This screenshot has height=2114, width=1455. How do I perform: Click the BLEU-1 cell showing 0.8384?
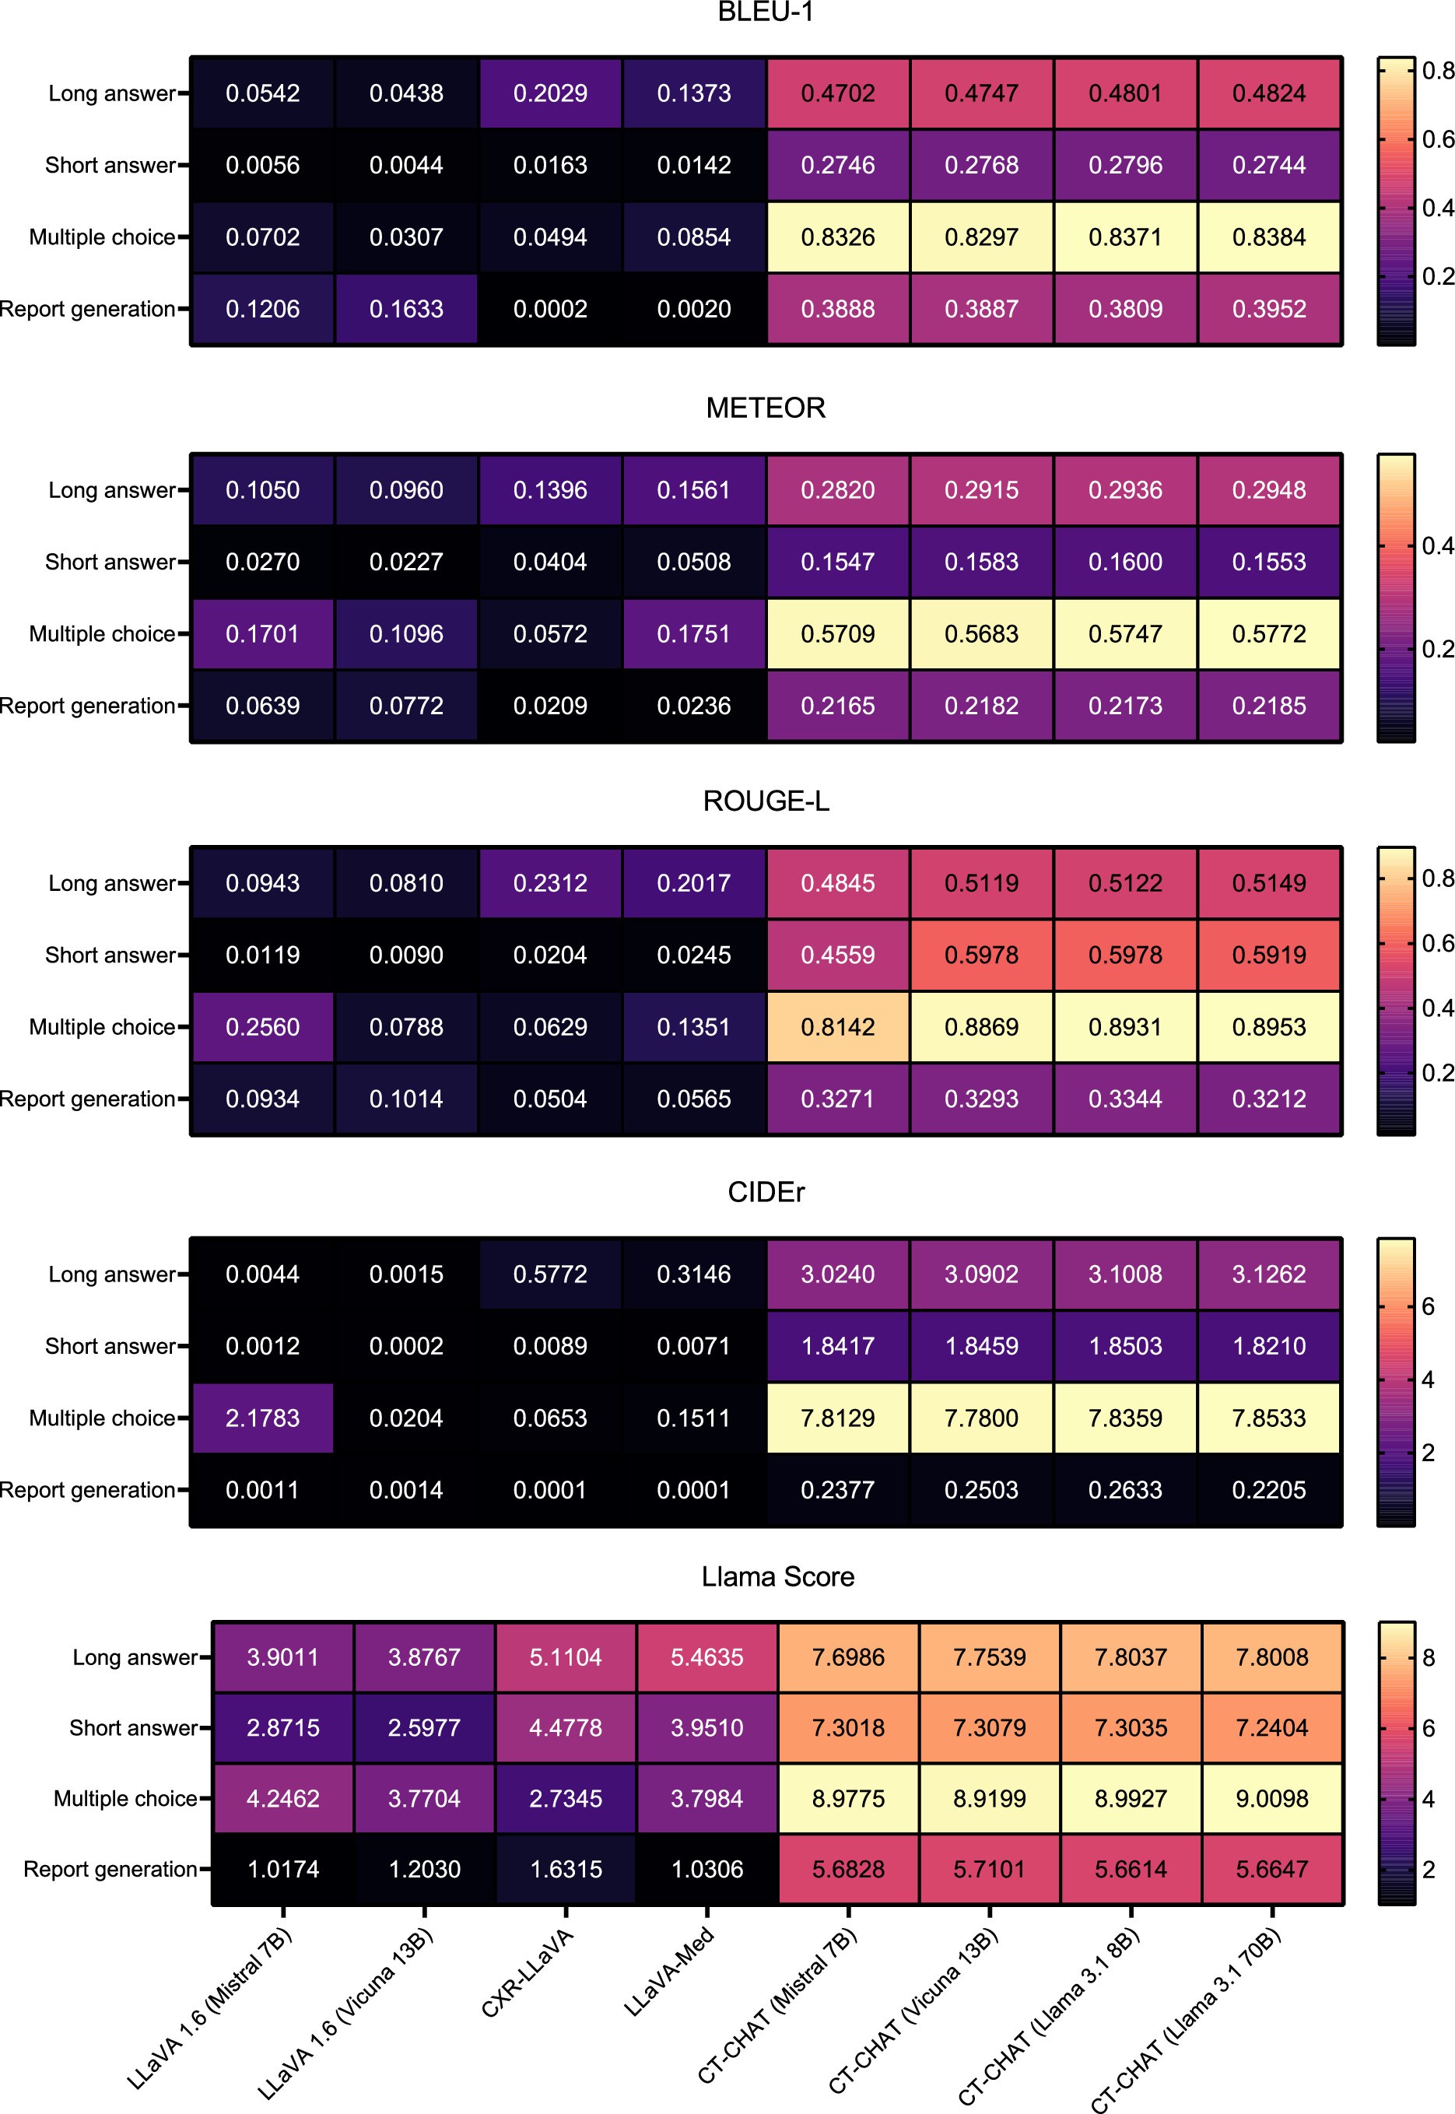click(x=1268, y=237)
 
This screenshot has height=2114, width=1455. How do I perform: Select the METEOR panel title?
click(x=765, y=408)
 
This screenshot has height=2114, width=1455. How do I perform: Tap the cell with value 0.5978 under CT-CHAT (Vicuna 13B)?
click(x=981, y=955)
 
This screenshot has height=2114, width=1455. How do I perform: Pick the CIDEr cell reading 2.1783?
click(x=262, y=1418)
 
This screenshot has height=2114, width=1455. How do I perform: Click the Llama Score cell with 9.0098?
click(x=1271, y=1799)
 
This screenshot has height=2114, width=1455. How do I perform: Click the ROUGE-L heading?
click(x=765, y=801)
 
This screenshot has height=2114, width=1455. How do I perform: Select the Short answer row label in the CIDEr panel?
click(x=110, y=1345)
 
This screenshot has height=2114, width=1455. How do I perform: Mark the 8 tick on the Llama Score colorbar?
click(x=1429, y=1657)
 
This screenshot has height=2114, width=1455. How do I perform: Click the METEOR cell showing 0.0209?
click(x=550, y=706)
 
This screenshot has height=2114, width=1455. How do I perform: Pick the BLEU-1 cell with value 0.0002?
click(x=550, y=309)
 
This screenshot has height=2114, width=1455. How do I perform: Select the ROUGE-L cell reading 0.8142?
click(x=837, y=1026)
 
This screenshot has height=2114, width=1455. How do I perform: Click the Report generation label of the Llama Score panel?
click(x=110, y=1869)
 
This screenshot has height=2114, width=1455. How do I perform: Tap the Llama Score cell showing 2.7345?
click(x=565, y=1799)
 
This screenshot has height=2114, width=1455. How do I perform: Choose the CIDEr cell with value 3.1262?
click(x=1268, y=1274)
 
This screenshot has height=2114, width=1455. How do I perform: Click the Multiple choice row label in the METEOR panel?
click(x=102, y=633)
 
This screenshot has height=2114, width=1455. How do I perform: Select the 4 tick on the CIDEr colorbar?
click(x=1429, y=1380)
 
